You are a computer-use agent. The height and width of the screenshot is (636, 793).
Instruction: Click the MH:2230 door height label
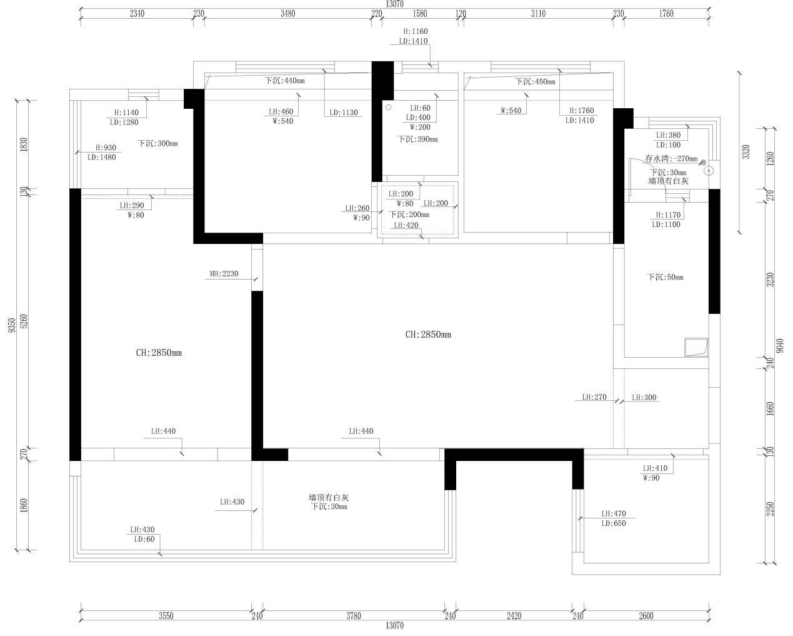(x=224, y=274)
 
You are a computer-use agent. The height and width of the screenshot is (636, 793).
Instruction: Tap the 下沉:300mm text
(x=157, y=143)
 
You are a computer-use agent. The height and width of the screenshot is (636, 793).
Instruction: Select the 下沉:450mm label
(x=535, y=81)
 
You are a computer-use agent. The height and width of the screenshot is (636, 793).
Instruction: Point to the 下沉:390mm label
(x=417, y=139)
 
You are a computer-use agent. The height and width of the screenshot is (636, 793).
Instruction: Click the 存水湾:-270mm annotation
(x=671, y=158)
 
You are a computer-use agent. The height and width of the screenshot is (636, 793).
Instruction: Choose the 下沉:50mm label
(x=665, y=277)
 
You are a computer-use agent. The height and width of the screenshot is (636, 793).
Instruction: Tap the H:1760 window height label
(x=582, y=110)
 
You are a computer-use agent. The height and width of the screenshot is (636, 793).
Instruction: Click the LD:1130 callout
(x=344, y=113)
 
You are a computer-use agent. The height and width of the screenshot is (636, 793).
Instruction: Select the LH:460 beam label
(x=281, y=111)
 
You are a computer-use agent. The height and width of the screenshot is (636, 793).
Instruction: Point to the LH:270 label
(x=594, y=397)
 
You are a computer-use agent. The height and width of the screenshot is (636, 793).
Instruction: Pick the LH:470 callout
(x=614, y=513)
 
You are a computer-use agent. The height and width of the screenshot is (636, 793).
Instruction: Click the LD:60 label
(x=144, y=539)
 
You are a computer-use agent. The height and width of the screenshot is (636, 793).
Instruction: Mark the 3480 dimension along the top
(x=288, y=14)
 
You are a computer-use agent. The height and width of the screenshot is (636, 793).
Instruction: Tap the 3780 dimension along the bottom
(x=354, y=615)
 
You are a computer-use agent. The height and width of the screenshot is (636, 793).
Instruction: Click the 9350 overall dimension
(x=12, y=325)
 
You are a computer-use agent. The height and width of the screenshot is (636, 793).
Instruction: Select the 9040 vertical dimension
(x=780, y=346)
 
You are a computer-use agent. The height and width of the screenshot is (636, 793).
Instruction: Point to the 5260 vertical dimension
(x=24, y=321)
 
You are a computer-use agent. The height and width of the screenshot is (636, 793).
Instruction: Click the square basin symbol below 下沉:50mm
(x=697, y=348)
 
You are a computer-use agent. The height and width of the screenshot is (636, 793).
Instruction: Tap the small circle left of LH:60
(x=389, y=108)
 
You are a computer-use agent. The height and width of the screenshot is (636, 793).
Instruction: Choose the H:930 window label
(x=106, y=148)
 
